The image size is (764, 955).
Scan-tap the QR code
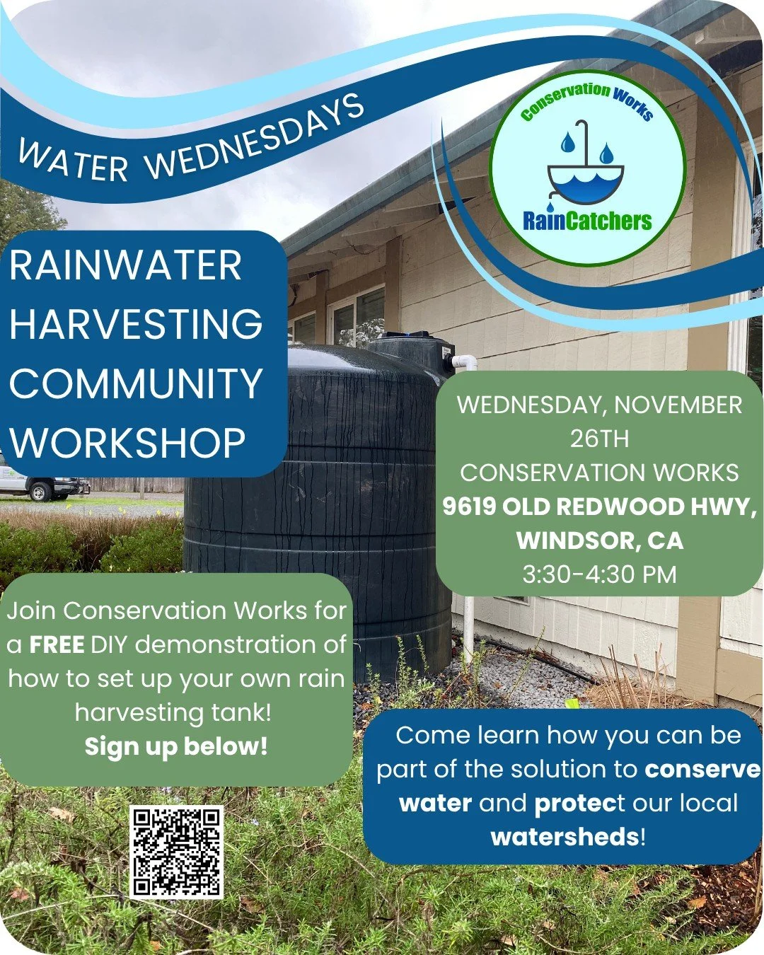tap(177, 852)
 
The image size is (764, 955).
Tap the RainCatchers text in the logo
tap(587, 221)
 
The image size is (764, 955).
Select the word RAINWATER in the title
tap(126, 266)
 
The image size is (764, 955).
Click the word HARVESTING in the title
tap(136, 325)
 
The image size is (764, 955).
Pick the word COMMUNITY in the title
tap(136, 383)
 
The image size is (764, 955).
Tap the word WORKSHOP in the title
tap(127, 443)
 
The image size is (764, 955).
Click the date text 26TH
tap(599, 439)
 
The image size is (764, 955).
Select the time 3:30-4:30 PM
tap(599, 574)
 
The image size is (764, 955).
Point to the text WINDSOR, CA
tap(599, 540)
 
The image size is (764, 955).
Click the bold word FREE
tap(57, 644)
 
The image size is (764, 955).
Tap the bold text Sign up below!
tap(176, 746)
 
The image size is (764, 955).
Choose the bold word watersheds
tap(565, 837)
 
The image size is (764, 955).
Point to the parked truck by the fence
tap(42, 486)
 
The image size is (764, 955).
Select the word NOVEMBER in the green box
tap(678, 405)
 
